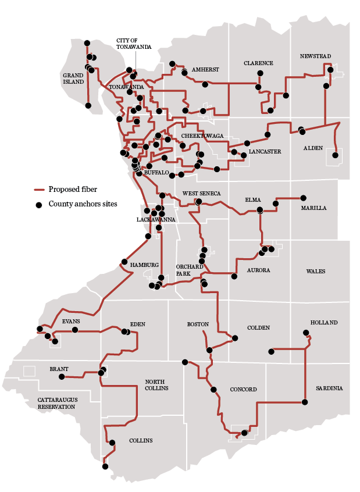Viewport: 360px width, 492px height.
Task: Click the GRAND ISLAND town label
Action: point(73,79)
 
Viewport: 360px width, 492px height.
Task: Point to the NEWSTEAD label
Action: point(315,56)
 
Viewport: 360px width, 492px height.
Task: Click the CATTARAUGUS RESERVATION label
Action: point(56,403)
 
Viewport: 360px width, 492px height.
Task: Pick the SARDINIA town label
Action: point(329,388)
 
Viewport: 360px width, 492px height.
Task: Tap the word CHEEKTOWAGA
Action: point(202,136)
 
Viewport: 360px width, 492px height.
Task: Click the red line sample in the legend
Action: point(40,190)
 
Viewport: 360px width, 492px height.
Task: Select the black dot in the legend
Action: point(40,204)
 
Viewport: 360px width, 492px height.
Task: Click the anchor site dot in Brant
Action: point(62,377)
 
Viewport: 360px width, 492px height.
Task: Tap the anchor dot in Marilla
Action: point(303,198)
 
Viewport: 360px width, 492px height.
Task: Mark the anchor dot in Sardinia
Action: point(305,402)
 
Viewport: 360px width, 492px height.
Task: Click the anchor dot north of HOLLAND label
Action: point(306,333)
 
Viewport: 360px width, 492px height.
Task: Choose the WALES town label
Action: point(316,271)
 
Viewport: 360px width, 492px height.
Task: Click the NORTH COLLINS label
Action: point(156,385)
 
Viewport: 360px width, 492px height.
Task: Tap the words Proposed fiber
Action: point(73,189)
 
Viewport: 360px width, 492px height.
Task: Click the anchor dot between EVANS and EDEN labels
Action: point(75,330)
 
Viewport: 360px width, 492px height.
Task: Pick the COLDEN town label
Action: point(258,327)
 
